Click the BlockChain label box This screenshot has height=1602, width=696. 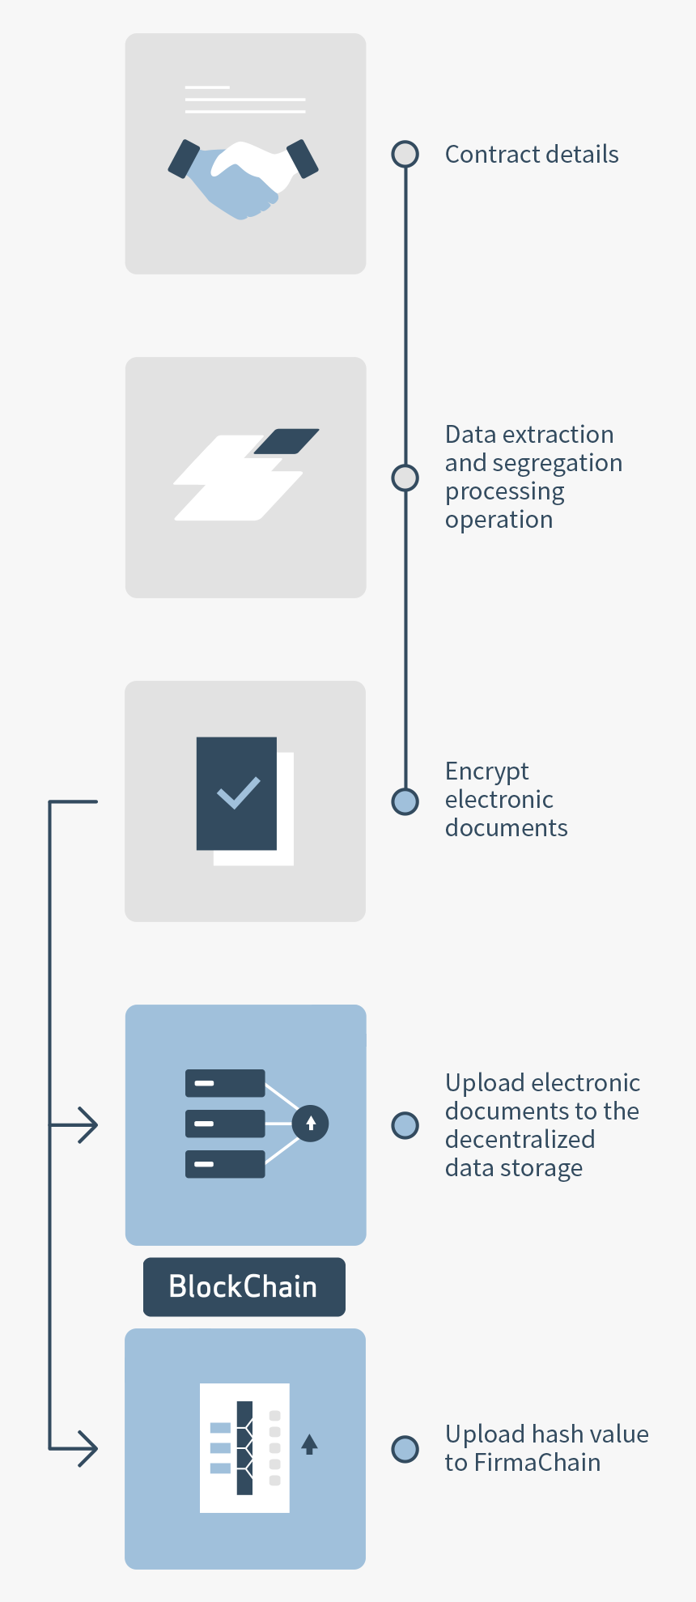click(244, 1286)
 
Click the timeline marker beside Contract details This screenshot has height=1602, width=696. click(405, 154)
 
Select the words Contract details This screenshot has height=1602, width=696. click(531, 154)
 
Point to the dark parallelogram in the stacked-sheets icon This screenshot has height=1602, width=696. click(286, 441)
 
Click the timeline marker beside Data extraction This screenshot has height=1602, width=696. click(405, 478)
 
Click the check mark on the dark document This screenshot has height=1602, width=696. click(238, 793)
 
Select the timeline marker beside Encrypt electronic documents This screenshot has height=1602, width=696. click(405, 801)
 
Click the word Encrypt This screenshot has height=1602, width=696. click(486, 771)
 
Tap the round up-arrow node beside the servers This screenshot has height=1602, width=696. click(311, 1124)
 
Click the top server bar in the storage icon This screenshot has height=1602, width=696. click(225, 1083)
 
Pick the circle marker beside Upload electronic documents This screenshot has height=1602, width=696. click(405, 1125)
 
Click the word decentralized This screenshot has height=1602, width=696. click(520, 1139)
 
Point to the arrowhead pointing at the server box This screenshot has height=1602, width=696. click(89, 1125)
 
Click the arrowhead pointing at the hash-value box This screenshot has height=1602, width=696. click(89, 1448)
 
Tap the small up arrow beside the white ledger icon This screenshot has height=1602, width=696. click(309, 1444)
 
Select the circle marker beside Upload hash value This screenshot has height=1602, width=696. click(405, 1449)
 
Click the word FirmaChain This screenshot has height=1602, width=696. click(537, 1463)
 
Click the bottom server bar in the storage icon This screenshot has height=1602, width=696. click(225, 1164)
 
